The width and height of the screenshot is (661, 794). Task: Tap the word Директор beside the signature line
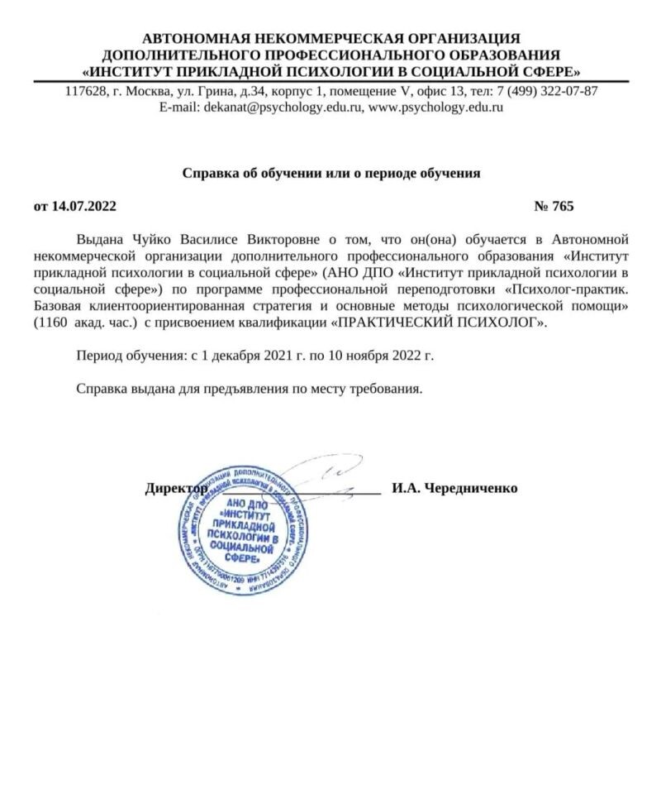pyautogui.click(x=176, y=488)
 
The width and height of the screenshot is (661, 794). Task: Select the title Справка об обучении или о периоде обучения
pyautogui.click(x=330, y=174)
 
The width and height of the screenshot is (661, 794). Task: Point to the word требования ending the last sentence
pyautogui.click(x=383, y=388)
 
